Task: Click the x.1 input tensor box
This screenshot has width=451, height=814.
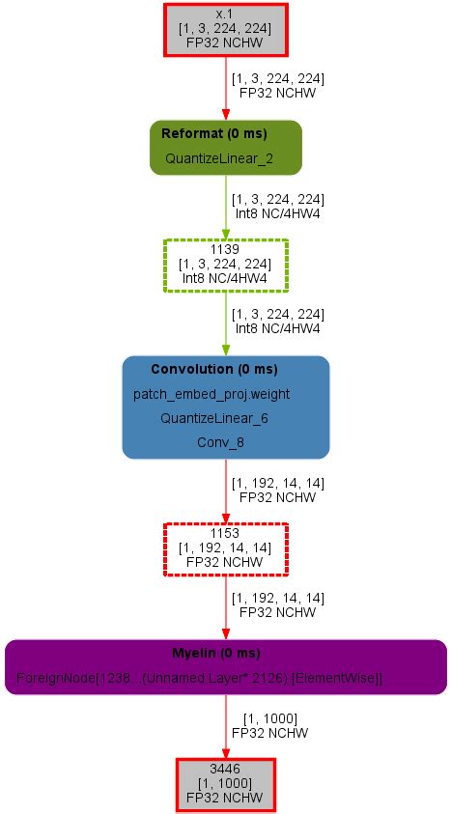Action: click(225, 29)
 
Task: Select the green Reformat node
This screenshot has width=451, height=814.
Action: click(225, 147)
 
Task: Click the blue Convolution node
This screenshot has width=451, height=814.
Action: click(225, 407)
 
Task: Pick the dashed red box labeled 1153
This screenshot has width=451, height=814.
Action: click(225, 548)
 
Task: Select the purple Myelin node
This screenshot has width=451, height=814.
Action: click(225, 666)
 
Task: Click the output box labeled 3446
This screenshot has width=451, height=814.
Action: click(225, 783)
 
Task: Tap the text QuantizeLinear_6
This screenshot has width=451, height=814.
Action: click(214, 418)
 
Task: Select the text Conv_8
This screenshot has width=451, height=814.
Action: click(220, 441)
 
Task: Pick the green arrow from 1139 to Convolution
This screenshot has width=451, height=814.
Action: click(226, 323)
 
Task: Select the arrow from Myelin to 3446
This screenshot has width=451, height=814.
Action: click(226, 725)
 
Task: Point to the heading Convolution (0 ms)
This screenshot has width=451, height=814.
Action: click(213, 370)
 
